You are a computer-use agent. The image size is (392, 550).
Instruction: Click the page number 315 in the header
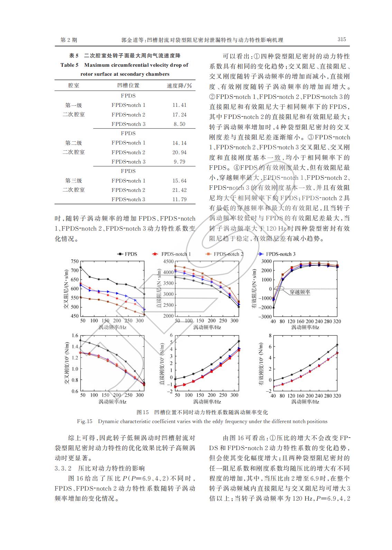(341, 39)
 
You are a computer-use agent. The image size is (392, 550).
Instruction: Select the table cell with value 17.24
(179, 115)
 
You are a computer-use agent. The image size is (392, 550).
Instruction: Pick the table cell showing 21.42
(179, 190)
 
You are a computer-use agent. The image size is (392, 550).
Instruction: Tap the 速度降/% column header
(179, 85)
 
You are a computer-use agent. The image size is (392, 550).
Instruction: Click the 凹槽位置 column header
(128, 85)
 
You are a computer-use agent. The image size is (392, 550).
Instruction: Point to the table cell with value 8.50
(179, 124)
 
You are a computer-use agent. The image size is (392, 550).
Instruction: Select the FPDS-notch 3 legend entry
(280, 254)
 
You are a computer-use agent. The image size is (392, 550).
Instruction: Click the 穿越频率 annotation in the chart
(300, 292)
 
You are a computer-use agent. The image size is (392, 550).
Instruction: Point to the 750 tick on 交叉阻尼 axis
(75, 261)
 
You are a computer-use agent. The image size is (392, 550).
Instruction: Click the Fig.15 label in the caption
(85, 421)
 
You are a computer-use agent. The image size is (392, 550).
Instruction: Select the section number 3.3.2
(63, 468)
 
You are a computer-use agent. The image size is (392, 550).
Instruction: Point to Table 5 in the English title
(69, 65)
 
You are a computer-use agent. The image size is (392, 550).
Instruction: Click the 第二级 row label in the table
(74, 143)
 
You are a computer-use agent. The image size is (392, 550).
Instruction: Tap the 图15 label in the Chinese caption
(142, 412)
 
